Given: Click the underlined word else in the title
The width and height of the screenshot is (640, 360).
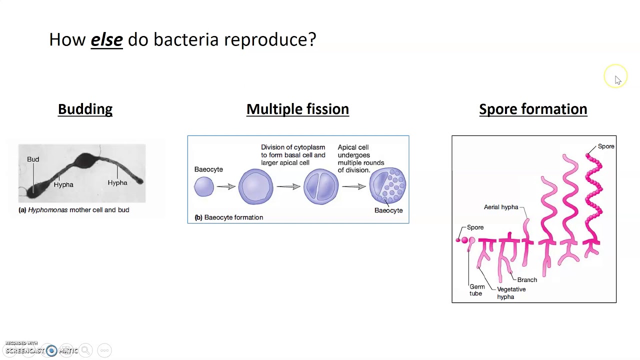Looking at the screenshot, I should point(106,39).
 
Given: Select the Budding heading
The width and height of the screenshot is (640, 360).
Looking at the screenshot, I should point(85,109).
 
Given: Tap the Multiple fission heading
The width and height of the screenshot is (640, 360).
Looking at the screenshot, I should point(297,109).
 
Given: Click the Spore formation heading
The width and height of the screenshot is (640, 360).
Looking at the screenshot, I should point(533,109).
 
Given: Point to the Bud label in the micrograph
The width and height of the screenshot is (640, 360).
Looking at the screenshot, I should point(33,159).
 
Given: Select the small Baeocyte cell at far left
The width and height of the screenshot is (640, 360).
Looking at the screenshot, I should point(204,187).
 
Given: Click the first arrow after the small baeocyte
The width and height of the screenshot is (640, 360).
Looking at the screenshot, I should point(225,186).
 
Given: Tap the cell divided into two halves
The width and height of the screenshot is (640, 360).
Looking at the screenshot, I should point(320,187).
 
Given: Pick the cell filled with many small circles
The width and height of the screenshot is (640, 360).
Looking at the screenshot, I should point(387,186).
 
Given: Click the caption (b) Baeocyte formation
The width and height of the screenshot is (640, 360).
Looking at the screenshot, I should point(228,217).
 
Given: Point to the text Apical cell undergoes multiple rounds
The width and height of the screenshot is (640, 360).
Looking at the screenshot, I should point(360,158).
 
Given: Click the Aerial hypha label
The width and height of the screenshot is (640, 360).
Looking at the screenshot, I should point(500,207).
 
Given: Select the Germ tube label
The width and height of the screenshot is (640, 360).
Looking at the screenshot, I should point(476,290).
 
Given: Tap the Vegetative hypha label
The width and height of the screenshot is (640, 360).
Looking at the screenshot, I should point(511,293).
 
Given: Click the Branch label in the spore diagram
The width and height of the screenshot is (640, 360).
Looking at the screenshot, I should point(527,280).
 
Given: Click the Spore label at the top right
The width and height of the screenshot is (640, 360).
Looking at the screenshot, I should point(606,146).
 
